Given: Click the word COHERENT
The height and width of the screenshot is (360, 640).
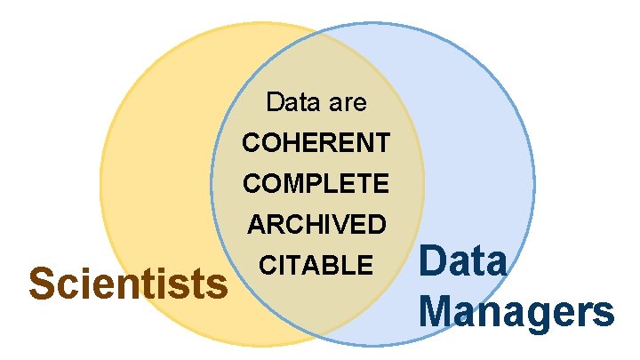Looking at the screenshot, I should coord(316,142).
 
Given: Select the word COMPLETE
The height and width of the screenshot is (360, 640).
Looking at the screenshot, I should coord(316,183).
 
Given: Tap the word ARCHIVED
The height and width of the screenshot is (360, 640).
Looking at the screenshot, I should coord(316,224).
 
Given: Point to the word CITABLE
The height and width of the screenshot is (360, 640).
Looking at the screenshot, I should coord(316,265).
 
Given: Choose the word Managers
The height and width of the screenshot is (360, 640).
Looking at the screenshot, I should coord(516,313).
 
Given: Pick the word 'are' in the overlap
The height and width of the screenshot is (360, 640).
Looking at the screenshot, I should coord(346,103).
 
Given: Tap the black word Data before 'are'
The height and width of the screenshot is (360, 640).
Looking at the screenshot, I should coord(292,103).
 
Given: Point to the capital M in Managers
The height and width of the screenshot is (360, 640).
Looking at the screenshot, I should coord(437,312).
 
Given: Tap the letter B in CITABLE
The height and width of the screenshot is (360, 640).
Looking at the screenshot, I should coord(334,265).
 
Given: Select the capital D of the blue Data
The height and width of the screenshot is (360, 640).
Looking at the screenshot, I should coord(433,263).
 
